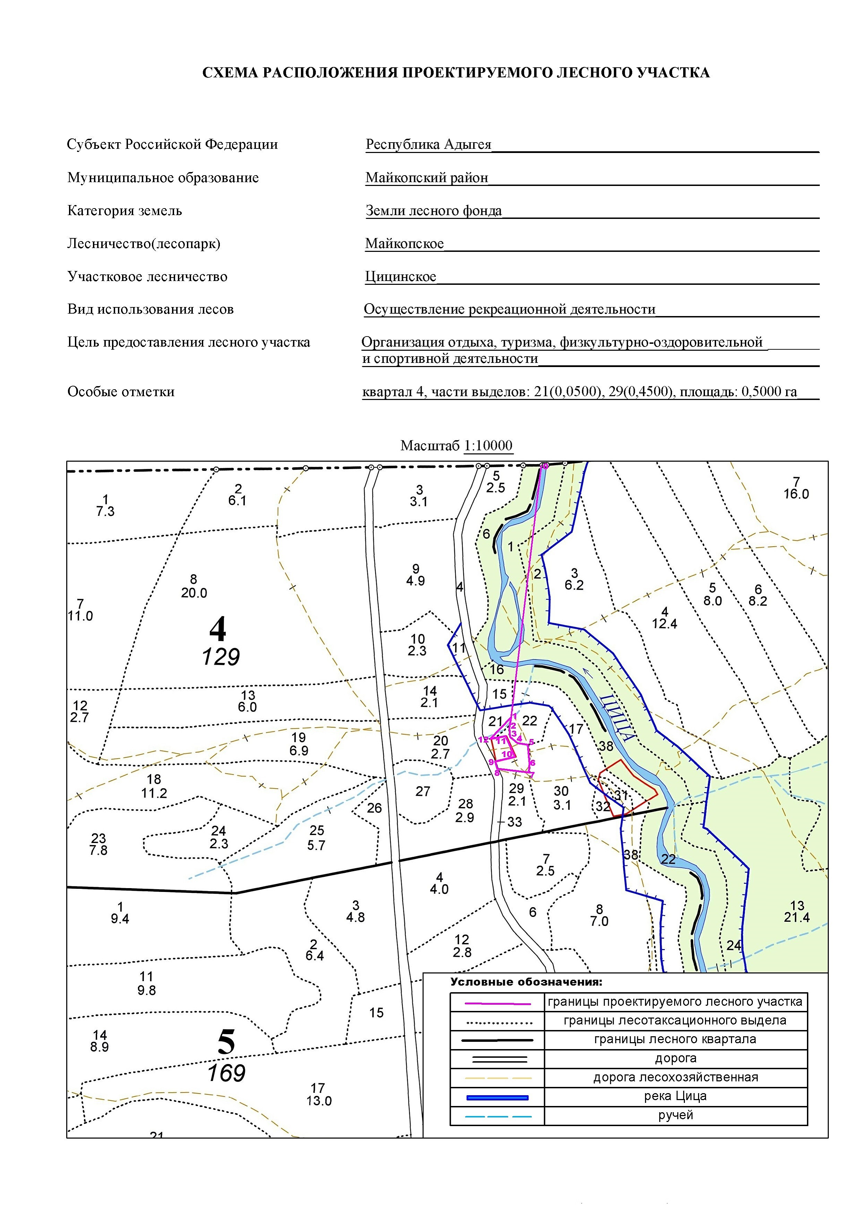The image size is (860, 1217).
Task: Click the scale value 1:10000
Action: [488, 446]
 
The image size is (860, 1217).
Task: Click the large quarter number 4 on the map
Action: [218, 629]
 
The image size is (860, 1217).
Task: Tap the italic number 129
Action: [221, 657]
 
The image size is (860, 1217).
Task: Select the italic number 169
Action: [226, 1073]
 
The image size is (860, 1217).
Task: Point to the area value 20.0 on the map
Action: [194, 593]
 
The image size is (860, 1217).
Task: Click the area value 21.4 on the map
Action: [797, 918]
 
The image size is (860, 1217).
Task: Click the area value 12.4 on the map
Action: [664, 624]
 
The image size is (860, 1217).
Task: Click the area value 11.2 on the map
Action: [154, 793]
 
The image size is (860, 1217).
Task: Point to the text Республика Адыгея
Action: [428, 144]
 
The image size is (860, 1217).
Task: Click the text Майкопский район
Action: [427, 178]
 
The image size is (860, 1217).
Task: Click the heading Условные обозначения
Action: [526, 982]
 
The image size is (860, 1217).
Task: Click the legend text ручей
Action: [675, 1115]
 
